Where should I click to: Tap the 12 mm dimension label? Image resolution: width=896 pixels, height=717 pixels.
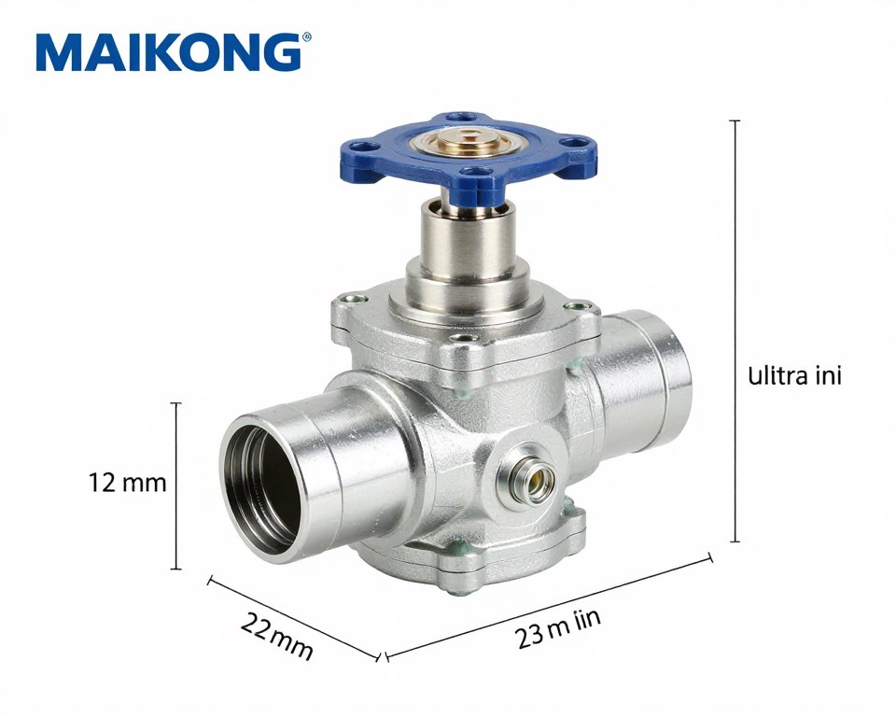coord(127,484)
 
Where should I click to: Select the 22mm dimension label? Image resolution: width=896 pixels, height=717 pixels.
coord(276,636)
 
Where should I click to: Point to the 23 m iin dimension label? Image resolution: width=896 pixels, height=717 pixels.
coord(558,629)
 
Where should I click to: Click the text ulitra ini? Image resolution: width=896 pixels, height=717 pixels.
coord(794,376)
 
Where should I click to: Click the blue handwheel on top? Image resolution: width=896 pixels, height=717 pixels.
coord(468,149)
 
